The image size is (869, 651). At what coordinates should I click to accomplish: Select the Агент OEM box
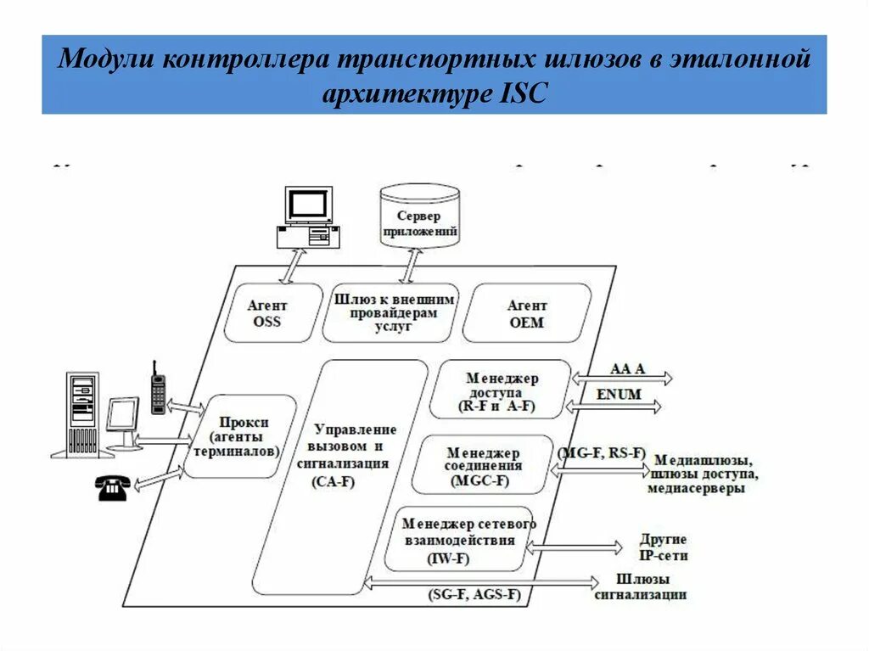pos(527,313)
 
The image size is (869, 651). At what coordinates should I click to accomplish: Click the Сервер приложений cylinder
pos(419,217)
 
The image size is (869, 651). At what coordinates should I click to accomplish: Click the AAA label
pos(629,369)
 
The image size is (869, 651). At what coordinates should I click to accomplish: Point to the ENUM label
pos(619,395)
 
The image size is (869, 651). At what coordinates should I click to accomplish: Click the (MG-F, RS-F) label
pos(601,452)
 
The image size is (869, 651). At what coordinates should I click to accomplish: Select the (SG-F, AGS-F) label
pos(474,594)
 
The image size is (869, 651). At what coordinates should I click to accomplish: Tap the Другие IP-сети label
pos(664,547)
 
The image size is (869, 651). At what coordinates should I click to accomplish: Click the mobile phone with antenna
pos(158,390)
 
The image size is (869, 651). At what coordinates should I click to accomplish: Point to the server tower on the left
pos(82,415)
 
